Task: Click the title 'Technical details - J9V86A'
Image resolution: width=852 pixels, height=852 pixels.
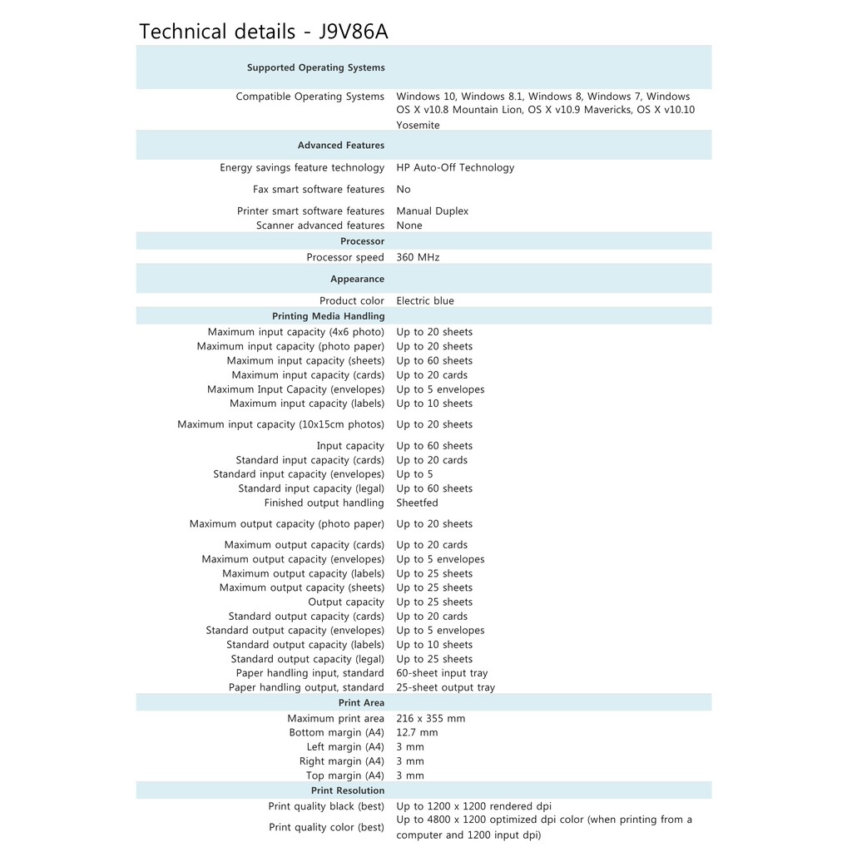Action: pyautogui.click(x=263, y=32)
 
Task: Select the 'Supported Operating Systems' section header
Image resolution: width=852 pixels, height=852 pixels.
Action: pyautogui.click(x=315, y=67)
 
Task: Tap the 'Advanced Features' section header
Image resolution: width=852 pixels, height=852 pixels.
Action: pyautogui.click(x=341, y=145)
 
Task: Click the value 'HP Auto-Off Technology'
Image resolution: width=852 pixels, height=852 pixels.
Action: pyautogui.click(x=455, y=167)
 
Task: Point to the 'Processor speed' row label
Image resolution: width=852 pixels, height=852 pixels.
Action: pyautogui.click(x=345, y=257)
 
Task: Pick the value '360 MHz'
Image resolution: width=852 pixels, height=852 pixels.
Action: pyautogui.click(x=418, y=257)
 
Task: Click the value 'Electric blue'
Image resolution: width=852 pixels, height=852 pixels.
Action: pyautogui.click(x=425, y=300)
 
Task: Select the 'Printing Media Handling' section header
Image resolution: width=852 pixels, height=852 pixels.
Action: pyautogui.click(x=328, y=316)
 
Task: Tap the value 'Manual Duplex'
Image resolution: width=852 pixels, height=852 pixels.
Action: pyautogui.click(x=432, y=211)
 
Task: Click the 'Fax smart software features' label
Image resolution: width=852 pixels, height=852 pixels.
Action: pyautogui.click(x=319, y=189)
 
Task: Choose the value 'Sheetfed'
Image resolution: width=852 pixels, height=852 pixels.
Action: pyautogui.click(x=417, y=503)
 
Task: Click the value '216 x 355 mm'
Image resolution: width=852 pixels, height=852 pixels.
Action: pyautogui.click(x=430, y=718)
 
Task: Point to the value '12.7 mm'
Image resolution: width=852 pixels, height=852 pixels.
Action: pyautogui.click(x=417, y=732)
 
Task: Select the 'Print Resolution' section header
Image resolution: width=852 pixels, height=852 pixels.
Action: pyautogui.click(x=348, y=790)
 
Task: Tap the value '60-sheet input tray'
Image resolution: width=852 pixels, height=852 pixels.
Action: pyautogui.click(x=442, y=673)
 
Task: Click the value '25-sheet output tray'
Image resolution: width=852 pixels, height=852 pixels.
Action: pyautogui.click(x=445, y=687)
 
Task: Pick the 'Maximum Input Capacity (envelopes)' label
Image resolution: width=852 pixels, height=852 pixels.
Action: pyautogui.click(x=295, y=389)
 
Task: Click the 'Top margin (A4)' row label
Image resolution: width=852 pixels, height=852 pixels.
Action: pyautogui.click(x=345, y=775)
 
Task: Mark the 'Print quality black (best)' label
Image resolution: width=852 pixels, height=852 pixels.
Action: pyautogui.click(x=326, y=806)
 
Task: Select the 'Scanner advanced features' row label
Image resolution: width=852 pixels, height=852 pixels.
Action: pyautogui.click(x=320, y=225)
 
